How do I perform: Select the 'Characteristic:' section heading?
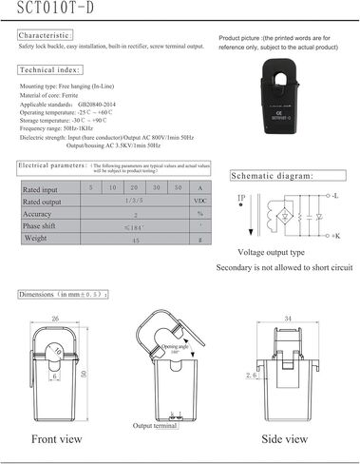(49, 34)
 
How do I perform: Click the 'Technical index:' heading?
(52, 70)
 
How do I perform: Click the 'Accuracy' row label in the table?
(40, 215)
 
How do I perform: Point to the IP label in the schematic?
(241, 198)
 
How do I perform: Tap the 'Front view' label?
(55, 440)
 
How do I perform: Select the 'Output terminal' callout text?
(154, 426)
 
